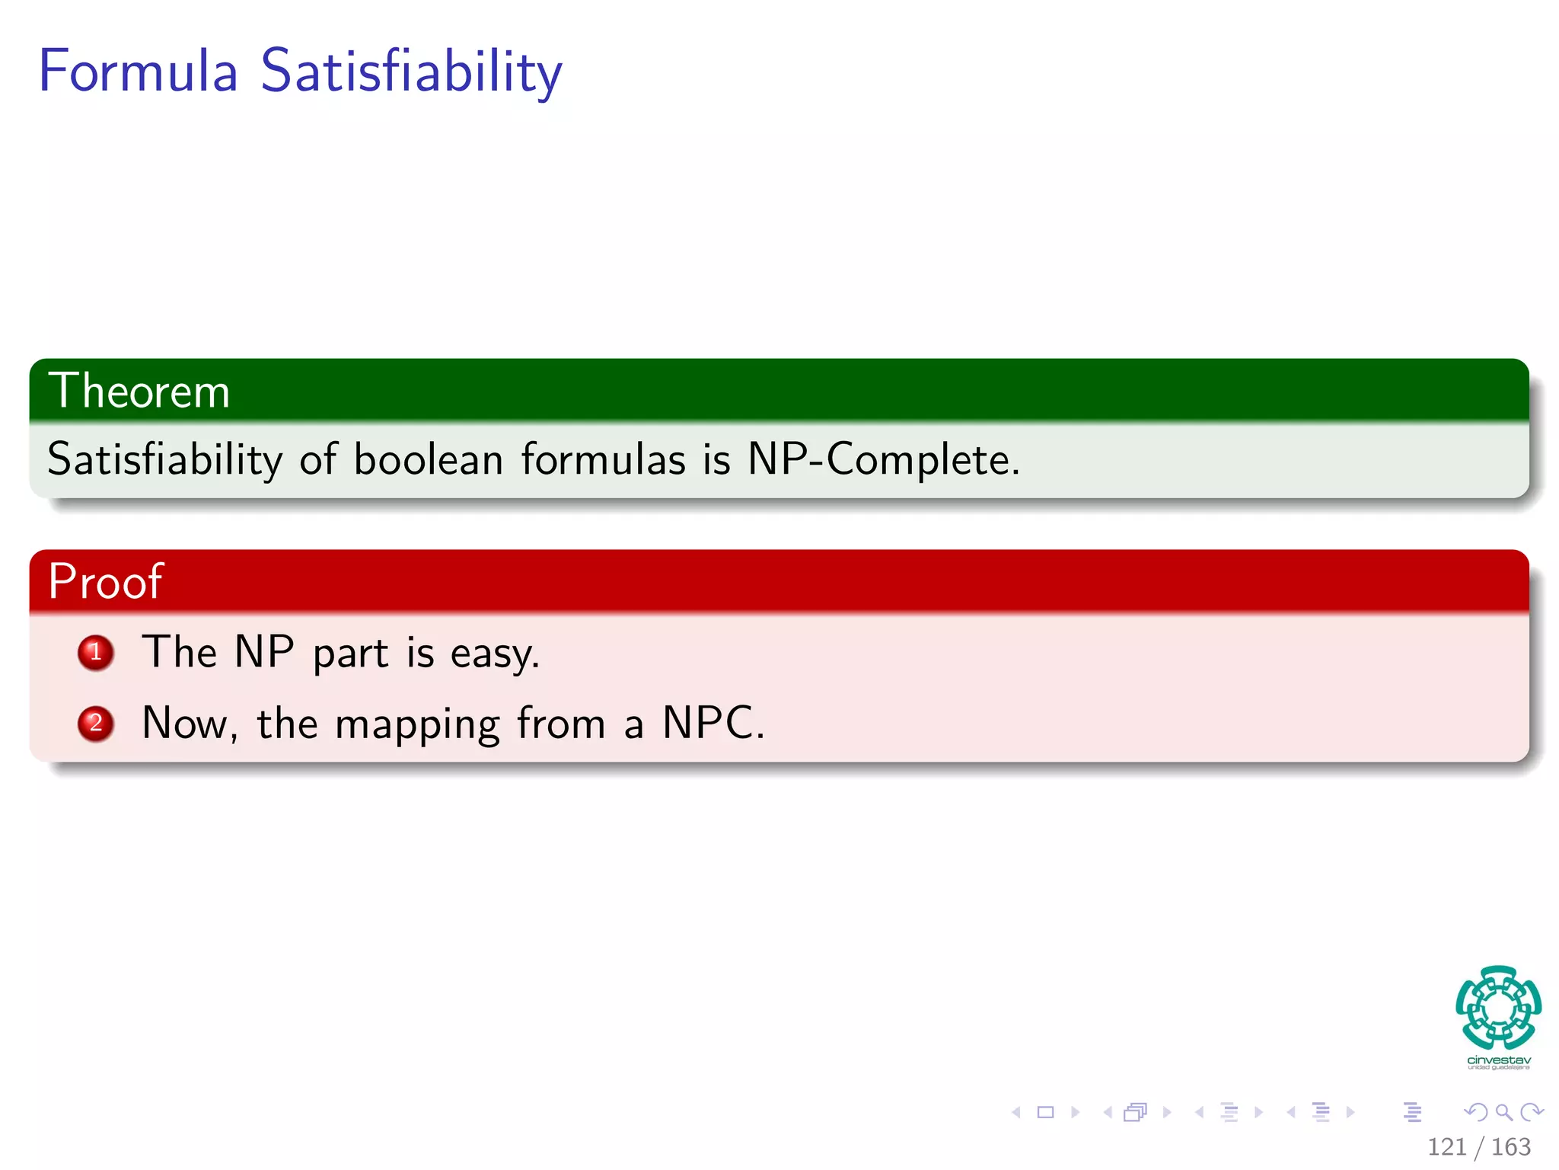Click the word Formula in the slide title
[x=138, y=71]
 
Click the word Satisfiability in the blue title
[x=411, y=71]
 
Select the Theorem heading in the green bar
[x=139, y=392]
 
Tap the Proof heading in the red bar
[x=105, y=582]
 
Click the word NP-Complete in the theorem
[x=883, y=459]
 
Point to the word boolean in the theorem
[x=428, y=459]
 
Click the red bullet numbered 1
[x=96, y=653]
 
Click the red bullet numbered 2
[x=96, y=723]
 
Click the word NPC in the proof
[x=712, y=723]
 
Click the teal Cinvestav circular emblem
[x=1498, y=1007]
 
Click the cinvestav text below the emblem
[x=1498, y=1060]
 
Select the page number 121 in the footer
[x=1446, y=1147]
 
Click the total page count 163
[x=1510, y=1147]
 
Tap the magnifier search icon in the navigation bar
[x=1503, y=1113]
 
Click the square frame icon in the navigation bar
[x=1046, y=1113]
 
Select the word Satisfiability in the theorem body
[x=164, y=459]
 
